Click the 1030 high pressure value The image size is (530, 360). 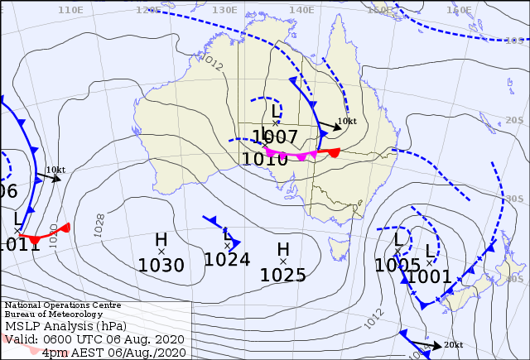(x=161, y=266)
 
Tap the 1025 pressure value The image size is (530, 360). (x=283, y=275)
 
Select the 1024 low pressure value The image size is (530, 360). (x=227, y=259)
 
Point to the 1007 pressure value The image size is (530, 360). (x=275, y=137)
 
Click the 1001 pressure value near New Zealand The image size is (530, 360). (x=429, y=276)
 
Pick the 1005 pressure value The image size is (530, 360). (x=397, y=265)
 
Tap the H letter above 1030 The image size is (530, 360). (x=161, y=240)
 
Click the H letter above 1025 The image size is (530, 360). (x=283, y=249)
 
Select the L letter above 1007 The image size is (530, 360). (x=276, y=111)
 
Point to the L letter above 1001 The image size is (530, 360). (x=429, y=251)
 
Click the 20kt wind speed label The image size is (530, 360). (x=453, y=344)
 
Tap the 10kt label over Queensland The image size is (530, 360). (x=347, y=121)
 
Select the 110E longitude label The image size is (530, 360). (x=71, y=10)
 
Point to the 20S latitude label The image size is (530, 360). (x=515, y=121)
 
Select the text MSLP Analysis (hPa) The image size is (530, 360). (x=63, y=326)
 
